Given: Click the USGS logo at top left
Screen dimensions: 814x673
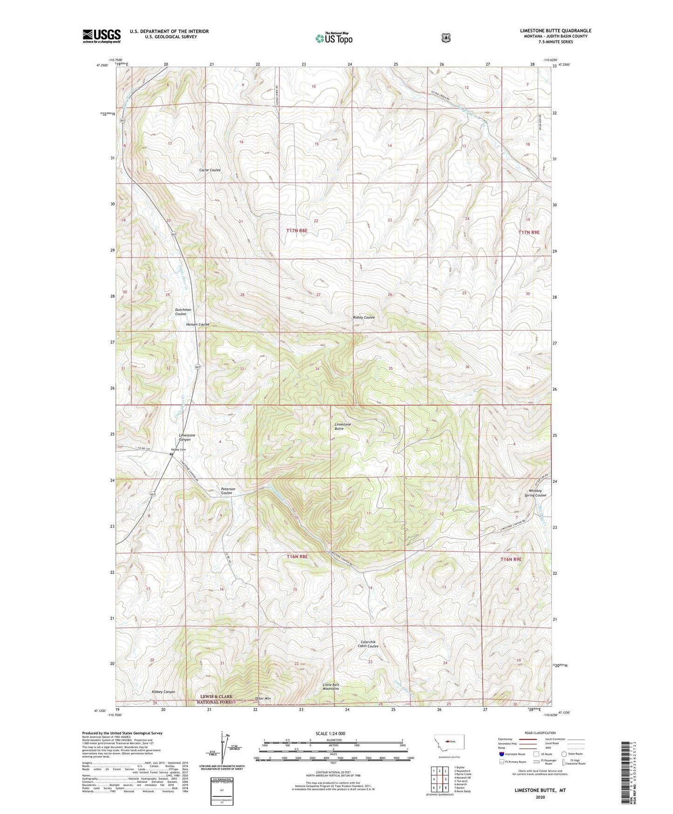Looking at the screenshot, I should (x=102, y=36).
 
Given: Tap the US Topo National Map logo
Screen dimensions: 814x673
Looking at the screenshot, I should (x=333, y=38).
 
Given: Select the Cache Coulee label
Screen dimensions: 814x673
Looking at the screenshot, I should (x=210, y=170).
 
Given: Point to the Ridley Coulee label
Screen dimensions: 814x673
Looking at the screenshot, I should (x=363, y=317).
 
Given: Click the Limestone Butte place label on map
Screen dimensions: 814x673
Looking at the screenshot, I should (x=342, y=426).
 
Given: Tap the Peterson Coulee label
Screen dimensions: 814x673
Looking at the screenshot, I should (x=227, y=491).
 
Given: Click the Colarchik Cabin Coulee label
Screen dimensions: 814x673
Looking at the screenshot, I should (x=367, y=644).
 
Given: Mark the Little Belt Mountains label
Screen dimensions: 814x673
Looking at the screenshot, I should (x=331, y=687).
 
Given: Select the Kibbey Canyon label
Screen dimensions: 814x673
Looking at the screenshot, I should (x=163, y=692).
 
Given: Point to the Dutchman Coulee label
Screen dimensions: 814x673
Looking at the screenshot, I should (x=183, y=312).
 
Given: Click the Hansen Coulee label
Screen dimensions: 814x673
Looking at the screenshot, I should (x=197, y=324).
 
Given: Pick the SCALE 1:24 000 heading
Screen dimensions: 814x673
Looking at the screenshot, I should (x=330, y=733).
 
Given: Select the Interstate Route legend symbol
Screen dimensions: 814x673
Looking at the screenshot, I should (x=501, y=754).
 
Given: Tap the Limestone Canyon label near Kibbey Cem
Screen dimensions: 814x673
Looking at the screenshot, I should (x=187, y=437).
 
